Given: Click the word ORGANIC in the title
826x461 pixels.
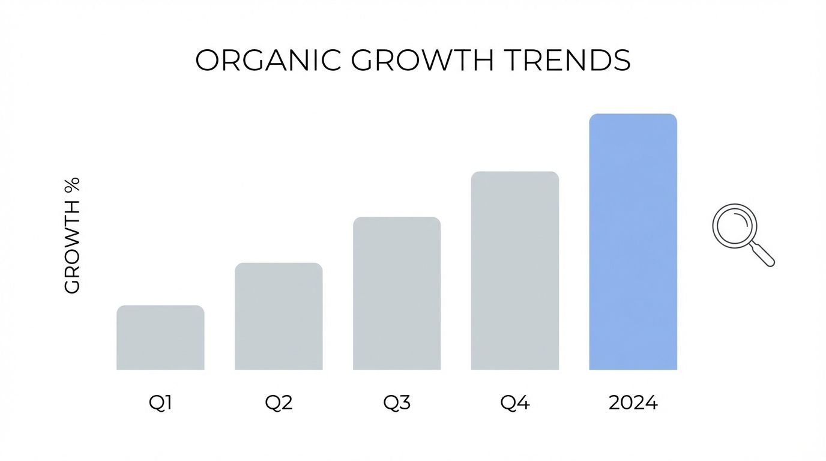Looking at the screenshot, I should point(269,61).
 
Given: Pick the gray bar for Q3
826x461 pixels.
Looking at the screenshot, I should point(397,294).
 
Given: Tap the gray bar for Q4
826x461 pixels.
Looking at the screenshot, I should point(515,271).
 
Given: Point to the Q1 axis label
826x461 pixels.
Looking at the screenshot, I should point(160,403).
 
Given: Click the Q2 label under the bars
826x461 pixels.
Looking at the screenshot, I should point(279,403).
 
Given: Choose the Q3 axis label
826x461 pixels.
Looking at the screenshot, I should point(397,403).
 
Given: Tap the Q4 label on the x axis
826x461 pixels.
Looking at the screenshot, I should point(515,403).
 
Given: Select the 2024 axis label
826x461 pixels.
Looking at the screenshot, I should point(633,403).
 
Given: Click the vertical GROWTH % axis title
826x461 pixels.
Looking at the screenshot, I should point(72,235).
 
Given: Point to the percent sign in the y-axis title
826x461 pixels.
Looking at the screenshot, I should point(72,184).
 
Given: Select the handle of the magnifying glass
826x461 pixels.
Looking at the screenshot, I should point(763,255).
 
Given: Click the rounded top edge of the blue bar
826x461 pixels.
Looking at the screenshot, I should point(633,115).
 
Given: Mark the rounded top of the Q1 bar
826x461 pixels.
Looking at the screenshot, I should point(160,307).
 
